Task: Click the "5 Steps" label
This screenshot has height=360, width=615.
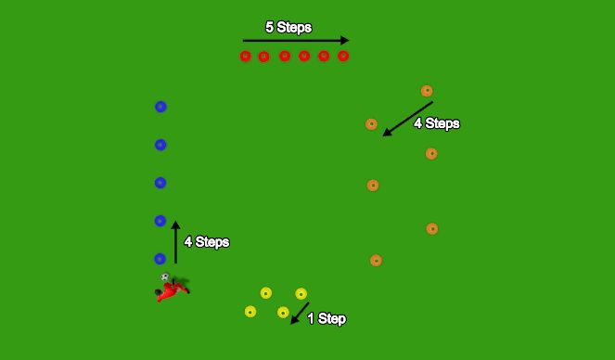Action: pyautogui.click(x=288, y=28)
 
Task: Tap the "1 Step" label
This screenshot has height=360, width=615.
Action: pyautogui.click(x=327, y=319)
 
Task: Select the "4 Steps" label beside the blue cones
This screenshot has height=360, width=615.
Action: pyautogui.click(x=206, y=242)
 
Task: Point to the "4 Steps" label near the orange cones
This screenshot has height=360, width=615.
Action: pyautogui.click(x=437, y=123)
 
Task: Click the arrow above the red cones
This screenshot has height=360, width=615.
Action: pyautogui.click(x=295, y=41)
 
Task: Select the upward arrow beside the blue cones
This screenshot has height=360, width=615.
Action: pyautogui.click(x=175, y=242)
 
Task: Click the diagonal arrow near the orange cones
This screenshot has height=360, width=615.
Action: pyautogui.click(x=407, y=119)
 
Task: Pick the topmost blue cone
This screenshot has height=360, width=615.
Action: pyautogui.click(x=160, y=107)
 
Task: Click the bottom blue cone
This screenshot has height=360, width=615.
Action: pyautogui.click(x=160, y=259)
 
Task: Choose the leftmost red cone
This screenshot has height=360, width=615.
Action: pyautogui.click(x=245, y=57)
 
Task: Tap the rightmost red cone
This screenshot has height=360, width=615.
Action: pyautogui.click(x=343, y=57)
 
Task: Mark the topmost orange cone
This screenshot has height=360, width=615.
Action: pyautogui.click(x=427, y=91)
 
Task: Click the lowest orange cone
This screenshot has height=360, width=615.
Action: pyautogui.click(x=376, y=261)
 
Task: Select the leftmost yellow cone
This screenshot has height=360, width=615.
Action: pyautogui.click(x=250, y=312)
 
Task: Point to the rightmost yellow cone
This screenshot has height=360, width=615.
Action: pyautogui.click(x=301, y=294)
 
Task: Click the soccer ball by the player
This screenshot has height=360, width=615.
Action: pyautogui.click(x=164, y=277)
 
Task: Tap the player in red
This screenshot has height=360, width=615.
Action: pyautogui.click(x=172, y=289)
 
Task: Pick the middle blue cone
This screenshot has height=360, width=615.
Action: pyautogui.click(x=160, y=183)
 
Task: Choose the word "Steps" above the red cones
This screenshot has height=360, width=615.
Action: pyautogui.click(x=296, y=28)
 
